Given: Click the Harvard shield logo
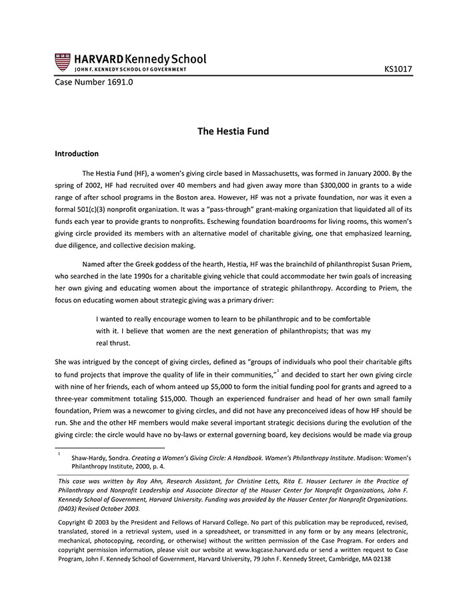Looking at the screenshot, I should (62, 62).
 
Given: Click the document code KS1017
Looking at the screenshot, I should (398, 69).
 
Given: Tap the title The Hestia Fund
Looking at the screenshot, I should (233, 131).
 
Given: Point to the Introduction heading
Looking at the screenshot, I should (77, 153).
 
